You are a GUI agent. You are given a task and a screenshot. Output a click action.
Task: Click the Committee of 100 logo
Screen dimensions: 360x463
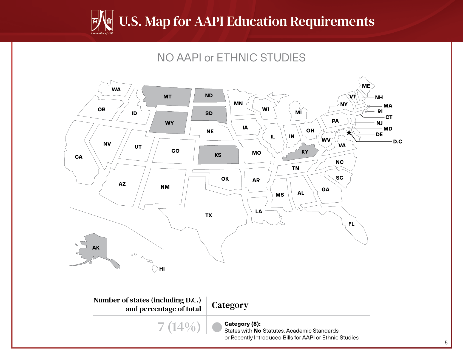coord(102,22)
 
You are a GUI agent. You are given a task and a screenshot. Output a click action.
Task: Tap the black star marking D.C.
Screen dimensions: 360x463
coord(349,133)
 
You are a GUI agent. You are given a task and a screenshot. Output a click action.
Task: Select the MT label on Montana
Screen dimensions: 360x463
coord(167,97)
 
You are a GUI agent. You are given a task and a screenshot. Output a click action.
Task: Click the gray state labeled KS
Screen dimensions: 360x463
coord(218,155)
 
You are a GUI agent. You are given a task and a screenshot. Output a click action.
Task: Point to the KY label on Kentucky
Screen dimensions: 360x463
coord(305,152)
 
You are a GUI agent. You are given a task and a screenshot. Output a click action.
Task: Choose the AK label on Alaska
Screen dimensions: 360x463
coord(96,248)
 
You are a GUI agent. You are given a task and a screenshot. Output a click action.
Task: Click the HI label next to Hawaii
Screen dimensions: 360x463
coord(162,269)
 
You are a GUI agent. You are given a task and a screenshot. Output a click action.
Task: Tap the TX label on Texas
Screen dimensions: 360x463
coord(209,215)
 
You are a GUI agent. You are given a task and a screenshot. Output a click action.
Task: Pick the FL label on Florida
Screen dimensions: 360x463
coord(351,224)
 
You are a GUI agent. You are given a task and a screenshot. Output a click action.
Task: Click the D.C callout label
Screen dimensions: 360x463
coord(397,141)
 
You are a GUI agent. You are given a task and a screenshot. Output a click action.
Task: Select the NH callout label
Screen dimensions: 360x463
coord(379,97)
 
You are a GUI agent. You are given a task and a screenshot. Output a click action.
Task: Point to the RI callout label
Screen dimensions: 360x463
coord(380,111)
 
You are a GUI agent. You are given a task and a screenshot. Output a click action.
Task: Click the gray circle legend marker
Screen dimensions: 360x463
coord(217,327)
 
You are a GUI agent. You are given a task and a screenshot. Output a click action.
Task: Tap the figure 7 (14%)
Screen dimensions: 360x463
coord(179,327)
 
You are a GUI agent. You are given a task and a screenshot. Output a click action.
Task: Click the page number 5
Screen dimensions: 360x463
coord(446,342)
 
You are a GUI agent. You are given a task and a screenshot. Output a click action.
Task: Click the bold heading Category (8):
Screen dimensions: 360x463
coord(242,324)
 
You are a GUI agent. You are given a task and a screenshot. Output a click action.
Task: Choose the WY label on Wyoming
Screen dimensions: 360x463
coord(169,123)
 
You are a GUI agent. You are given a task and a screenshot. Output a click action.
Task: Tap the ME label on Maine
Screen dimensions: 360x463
coord(366,86)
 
